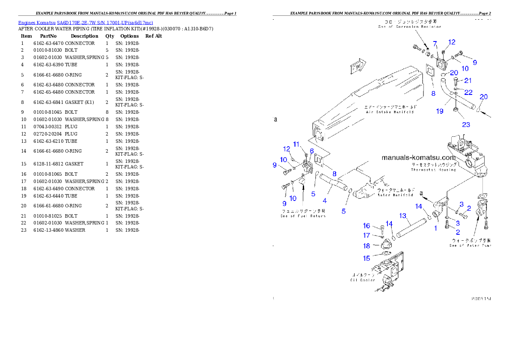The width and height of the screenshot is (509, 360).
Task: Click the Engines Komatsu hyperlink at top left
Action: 86,23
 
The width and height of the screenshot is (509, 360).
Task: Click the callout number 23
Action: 466,124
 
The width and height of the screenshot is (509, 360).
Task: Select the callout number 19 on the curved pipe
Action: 440,111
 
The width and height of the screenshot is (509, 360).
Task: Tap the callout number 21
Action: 468,80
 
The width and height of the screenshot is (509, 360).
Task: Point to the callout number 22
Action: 468,92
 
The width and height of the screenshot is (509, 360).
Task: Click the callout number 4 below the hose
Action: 325,201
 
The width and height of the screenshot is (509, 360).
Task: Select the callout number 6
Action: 312,151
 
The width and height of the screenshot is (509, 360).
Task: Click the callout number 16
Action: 367,226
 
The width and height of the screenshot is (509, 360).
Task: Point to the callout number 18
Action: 367,246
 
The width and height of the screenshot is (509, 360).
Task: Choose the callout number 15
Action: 367,258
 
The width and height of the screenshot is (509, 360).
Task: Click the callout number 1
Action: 436,228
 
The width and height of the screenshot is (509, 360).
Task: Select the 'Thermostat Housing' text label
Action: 433,169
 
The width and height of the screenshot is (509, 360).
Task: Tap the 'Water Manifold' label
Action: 395,195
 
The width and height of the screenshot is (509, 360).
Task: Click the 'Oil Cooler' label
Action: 363,280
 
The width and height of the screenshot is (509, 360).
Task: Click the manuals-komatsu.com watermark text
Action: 419,158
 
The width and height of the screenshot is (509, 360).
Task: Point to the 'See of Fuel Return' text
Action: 303,216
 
